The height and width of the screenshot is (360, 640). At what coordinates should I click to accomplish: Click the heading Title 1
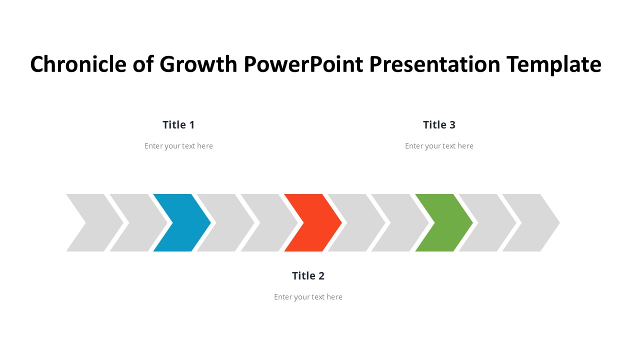[x=178, y=125]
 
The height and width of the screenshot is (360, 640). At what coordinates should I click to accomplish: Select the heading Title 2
[x=308, y=275]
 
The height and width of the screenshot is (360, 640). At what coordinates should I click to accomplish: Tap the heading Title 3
[x=439, y=125]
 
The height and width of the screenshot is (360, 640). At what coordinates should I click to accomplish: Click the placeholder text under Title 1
[x=178, y=146]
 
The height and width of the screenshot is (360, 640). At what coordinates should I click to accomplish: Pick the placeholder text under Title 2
[x=308, y=297]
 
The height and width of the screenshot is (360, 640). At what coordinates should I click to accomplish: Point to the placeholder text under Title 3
[x=439, y=146]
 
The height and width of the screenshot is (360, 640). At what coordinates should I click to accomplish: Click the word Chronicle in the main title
[x=78, y=64]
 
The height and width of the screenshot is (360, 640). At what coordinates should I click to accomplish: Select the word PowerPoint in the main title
[x=303, y=64]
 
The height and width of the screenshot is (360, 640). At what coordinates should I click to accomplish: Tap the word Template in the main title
[x=554, y=65]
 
